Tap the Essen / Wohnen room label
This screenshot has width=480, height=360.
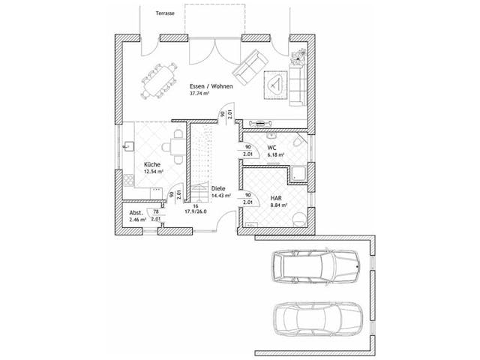tap(211, 87)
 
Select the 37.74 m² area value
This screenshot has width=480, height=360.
tap(200, 95)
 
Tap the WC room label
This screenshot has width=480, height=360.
tap(272, 148)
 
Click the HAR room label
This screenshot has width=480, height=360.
tap(275, 199)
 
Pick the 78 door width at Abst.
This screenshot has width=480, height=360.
tap(155, 213)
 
